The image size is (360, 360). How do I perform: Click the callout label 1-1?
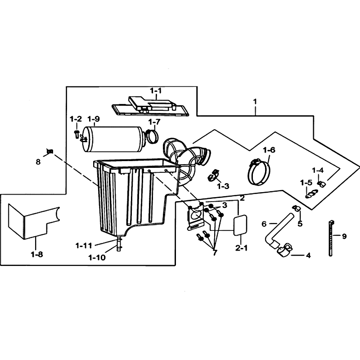156,91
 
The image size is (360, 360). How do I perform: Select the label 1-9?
94,119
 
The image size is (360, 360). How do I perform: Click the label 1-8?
37,254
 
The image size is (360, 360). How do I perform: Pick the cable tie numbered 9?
331,238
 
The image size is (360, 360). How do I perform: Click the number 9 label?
344,236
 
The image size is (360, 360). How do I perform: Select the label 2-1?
241,248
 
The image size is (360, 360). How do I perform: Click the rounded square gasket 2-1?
240,225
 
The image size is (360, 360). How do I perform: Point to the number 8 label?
38,162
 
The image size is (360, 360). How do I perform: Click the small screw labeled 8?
50,151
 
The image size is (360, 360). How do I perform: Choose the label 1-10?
97,257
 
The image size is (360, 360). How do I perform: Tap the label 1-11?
84,246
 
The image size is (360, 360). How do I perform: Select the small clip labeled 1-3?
213,175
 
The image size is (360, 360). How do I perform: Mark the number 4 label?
308,255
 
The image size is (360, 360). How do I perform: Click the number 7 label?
215,252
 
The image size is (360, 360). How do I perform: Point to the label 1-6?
269,150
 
